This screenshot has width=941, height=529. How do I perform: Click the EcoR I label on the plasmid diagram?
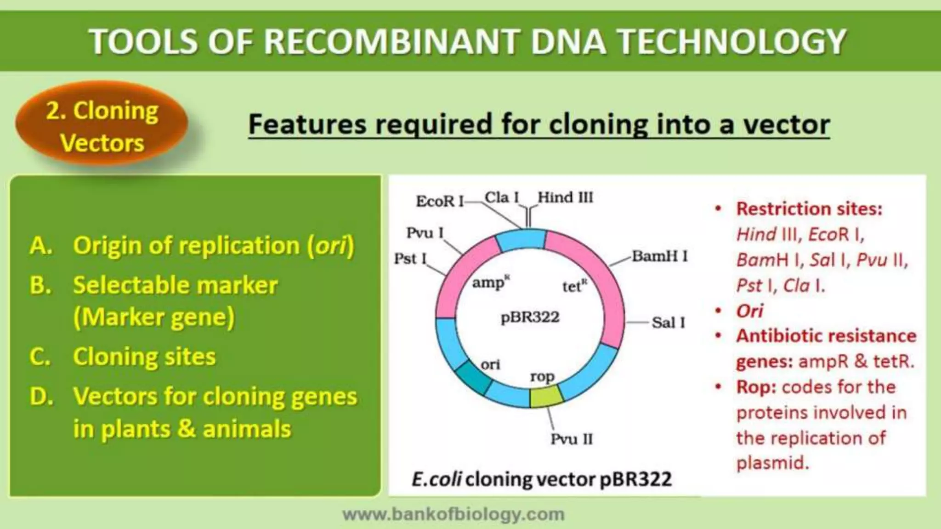tap(439, 201)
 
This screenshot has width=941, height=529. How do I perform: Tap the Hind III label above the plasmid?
tap(565, 198)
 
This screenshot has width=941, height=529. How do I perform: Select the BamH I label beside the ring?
tap(659, 256)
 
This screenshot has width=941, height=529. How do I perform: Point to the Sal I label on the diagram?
tap(668, 322)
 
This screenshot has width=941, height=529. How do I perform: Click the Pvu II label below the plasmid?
tap(572, 439)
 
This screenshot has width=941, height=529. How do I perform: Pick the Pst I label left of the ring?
tap(410, 259)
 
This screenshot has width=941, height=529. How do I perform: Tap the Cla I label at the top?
tap(502, 197)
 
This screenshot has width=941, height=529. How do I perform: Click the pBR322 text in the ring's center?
tap(530, 317)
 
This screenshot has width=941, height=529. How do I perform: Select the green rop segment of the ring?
tap(546, 396)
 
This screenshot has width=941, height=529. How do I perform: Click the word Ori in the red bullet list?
tap(749, 311)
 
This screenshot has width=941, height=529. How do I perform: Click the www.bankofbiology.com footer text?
tap(453, 514)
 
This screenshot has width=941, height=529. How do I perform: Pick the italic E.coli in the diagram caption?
tap(436, 479)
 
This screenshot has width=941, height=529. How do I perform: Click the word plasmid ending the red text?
tap(772, 462)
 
